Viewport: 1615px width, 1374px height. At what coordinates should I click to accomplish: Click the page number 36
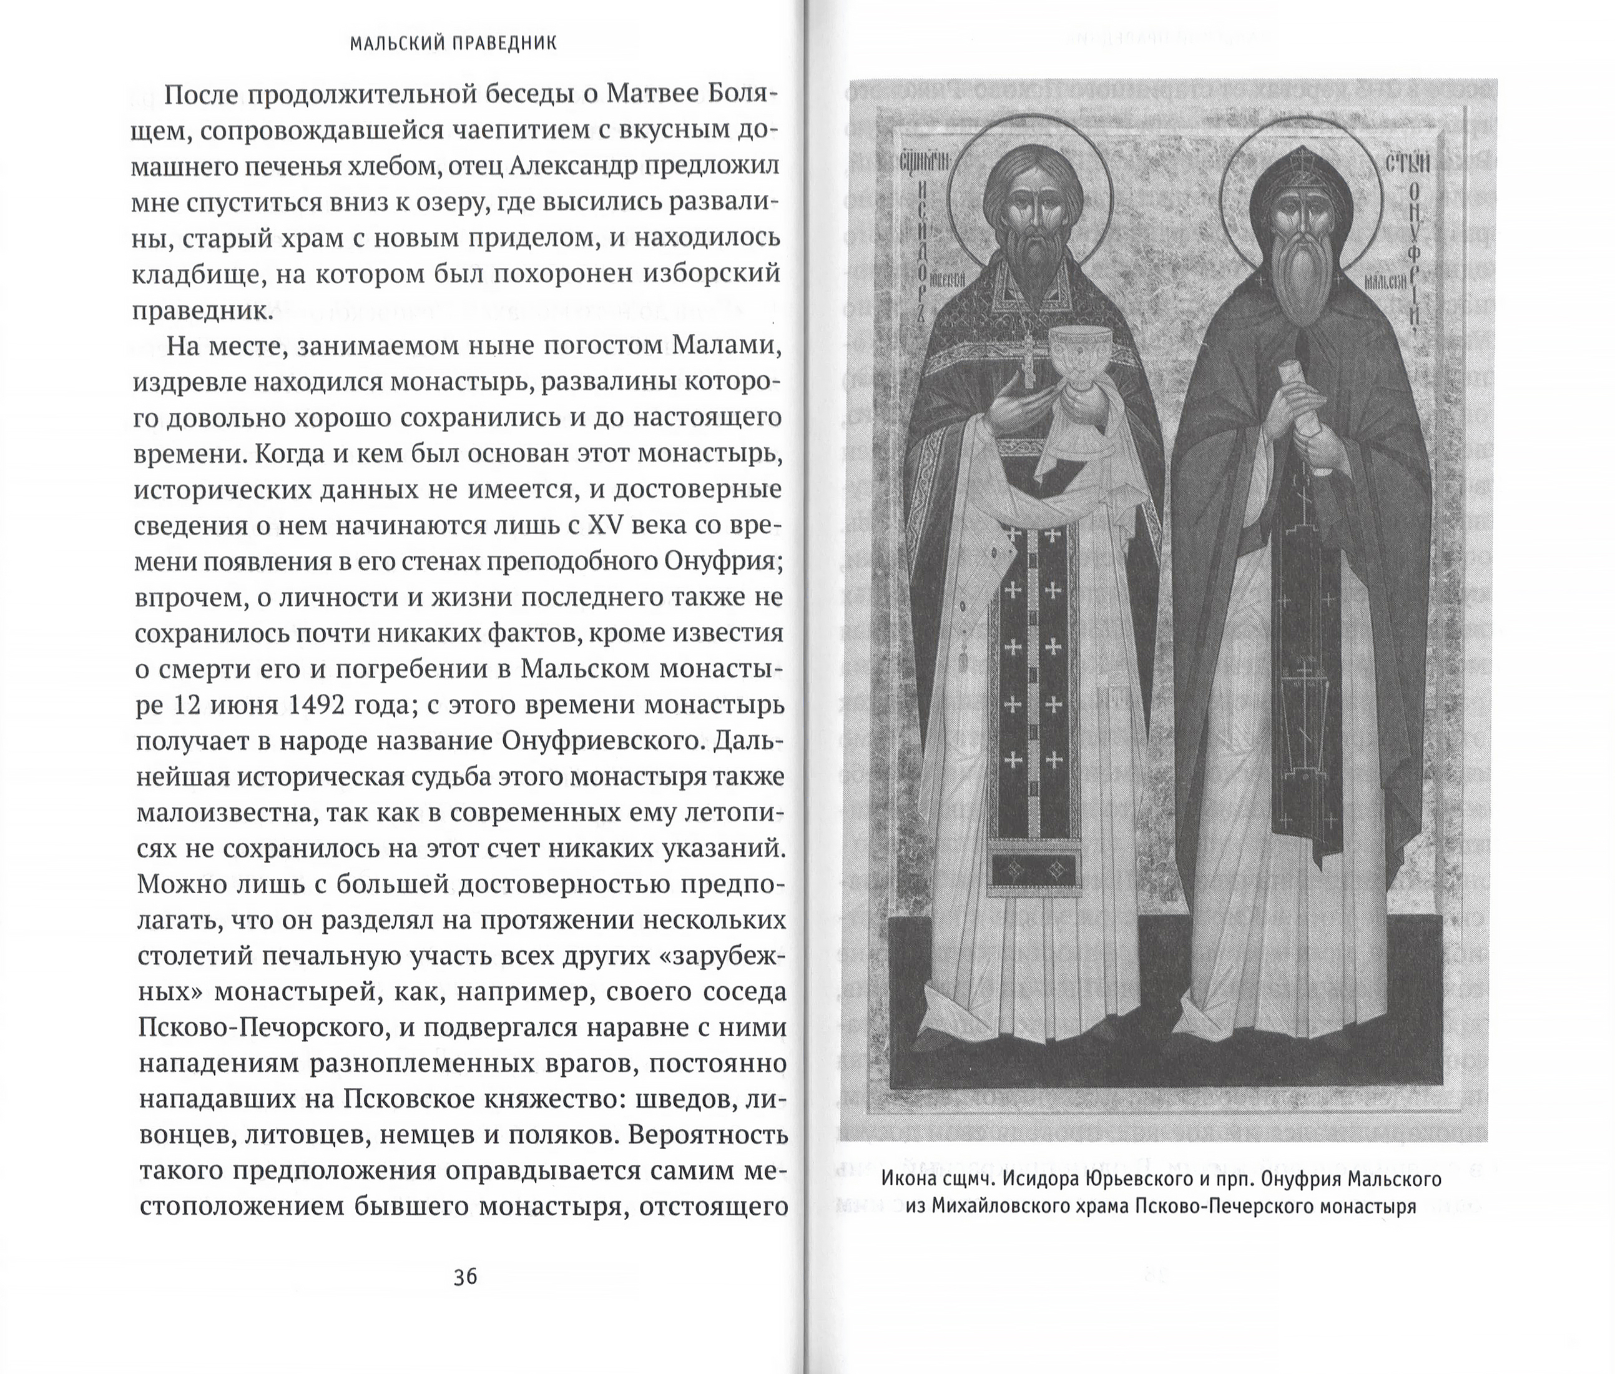coord(465,1277)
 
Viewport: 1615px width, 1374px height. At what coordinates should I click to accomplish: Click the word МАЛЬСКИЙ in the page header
coord(397,44)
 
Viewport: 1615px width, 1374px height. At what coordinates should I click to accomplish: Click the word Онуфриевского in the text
coord(597,741)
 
